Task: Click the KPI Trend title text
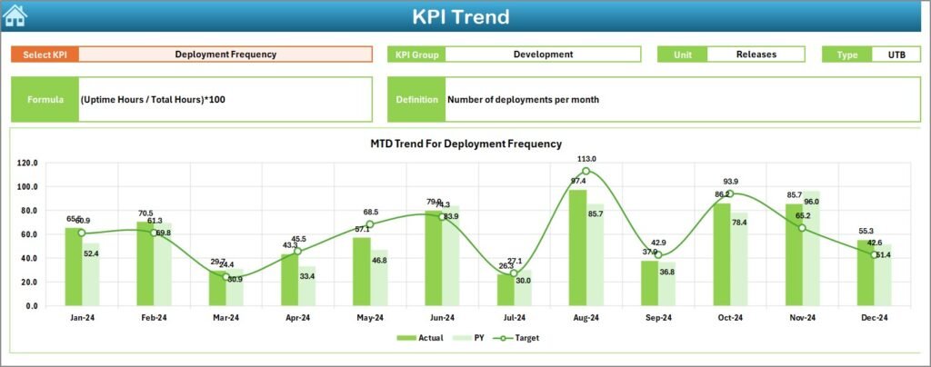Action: click(461, 16)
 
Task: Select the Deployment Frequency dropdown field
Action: click(225, 55)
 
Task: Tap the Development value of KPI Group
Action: click(543, 55)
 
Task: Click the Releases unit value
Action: click(756, 55)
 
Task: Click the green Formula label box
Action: click(45, 99)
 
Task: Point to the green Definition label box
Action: click(416, 99)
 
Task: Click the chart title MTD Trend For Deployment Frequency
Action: click(465, 144)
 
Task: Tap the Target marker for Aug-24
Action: click(586, 171)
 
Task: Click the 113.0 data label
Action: click(586, 159)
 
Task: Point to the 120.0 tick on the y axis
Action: click(27, 163)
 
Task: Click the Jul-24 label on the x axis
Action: click(514, 318)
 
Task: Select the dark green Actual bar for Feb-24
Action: click(145, 263)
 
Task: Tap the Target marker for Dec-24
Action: click(874, 254)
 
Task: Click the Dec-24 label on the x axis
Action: click(874, 318)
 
